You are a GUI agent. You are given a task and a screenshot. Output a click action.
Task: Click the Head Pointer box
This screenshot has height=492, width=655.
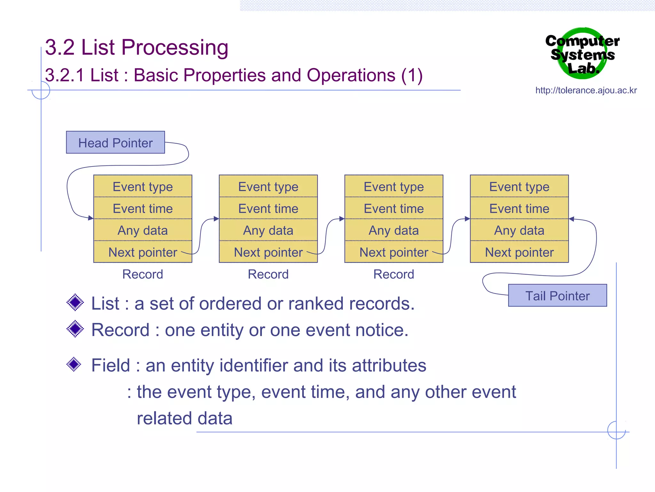point(115,143)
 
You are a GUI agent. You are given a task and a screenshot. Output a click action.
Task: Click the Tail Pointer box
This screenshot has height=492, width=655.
point(557,296)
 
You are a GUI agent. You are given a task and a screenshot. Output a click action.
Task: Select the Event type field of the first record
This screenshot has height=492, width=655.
point(143,186)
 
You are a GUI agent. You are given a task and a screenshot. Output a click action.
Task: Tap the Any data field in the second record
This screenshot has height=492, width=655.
point(268,230)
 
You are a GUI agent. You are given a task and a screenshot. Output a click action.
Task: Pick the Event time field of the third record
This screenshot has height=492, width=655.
point(394,209)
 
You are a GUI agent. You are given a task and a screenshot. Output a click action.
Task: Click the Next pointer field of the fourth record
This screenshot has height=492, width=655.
point(519,252)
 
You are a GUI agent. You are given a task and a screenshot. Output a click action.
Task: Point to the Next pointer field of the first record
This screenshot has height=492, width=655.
point(143,252)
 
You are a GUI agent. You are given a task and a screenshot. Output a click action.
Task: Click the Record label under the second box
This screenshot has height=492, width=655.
point(268,274)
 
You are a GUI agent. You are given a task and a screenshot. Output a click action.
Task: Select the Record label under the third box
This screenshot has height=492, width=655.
point(394,274)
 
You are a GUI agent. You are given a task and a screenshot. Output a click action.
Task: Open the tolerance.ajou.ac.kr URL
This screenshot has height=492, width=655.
point(586,90)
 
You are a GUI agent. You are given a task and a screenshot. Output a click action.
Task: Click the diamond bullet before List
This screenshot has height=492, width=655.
point(75,302)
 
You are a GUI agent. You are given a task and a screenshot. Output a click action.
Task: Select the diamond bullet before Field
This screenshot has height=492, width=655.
point(74,364)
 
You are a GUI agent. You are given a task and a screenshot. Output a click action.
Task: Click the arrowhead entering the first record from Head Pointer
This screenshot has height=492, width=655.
point(91,218)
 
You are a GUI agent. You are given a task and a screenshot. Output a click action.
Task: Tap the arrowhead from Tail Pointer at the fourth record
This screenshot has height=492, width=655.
point(572,219)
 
